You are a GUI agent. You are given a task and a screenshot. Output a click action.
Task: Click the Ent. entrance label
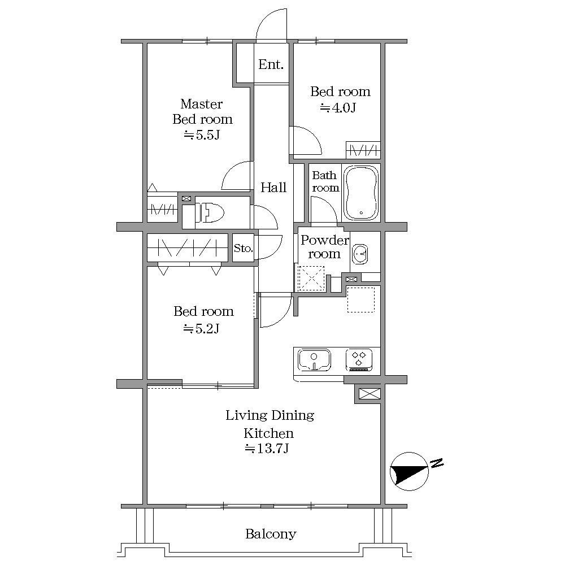pos(271,64)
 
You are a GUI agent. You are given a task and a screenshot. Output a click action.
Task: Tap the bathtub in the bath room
pos(361,193)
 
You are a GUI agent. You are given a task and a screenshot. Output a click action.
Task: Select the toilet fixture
pos(210,212)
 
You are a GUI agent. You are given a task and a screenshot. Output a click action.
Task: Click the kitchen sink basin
pos(314,359)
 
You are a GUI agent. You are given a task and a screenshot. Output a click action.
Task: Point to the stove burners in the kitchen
pos(359,359)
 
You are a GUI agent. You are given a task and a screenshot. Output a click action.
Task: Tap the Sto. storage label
pos(243,248)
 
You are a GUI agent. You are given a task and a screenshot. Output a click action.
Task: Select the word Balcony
pos(271,534)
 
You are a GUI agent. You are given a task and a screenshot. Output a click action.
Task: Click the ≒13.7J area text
pos(267,449)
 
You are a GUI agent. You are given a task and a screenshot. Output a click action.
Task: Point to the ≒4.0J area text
pos(338,108)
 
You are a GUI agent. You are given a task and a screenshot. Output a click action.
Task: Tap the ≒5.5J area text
pos(202,135)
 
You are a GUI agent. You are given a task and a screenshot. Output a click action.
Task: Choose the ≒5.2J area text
pos(202,329)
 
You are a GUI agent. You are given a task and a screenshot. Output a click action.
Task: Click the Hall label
pos(273,188)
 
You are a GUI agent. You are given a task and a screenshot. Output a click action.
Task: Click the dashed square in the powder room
pos(312,278)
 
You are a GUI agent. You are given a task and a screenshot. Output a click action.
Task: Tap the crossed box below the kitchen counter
pos(370,393)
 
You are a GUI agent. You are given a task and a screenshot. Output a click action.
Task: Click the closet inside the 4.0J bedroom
pos(363,150)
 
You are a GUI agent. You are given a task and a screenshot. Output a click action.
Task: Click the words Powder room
pos(325,247)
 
